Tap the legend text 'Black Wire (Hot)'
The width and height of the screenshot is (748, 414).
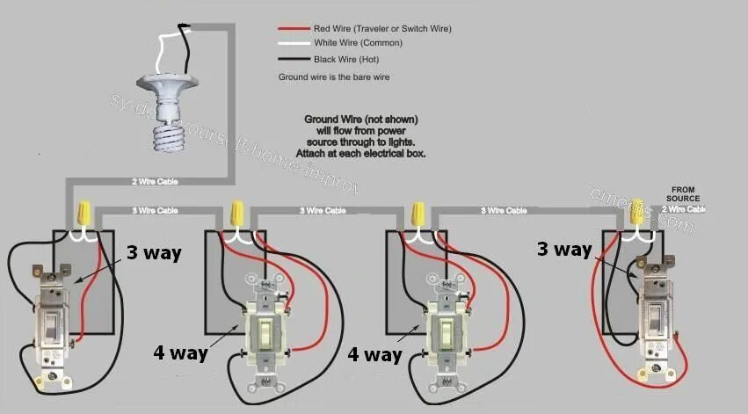347,59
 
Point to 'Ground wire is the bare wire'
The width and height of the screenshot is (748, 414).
333,76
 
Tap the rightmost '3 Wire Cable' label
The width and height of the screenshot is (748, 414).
505,211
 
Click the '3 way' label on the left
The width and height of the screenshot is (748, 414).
153,253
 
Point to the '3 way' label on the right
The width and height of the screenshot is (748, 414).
564,249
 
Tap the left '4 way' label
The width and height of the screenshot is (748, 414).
179,354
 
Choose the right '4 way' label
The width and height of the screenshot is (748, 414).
374,354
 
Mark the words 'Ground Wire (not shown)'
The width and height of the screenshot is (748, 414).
360,119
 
